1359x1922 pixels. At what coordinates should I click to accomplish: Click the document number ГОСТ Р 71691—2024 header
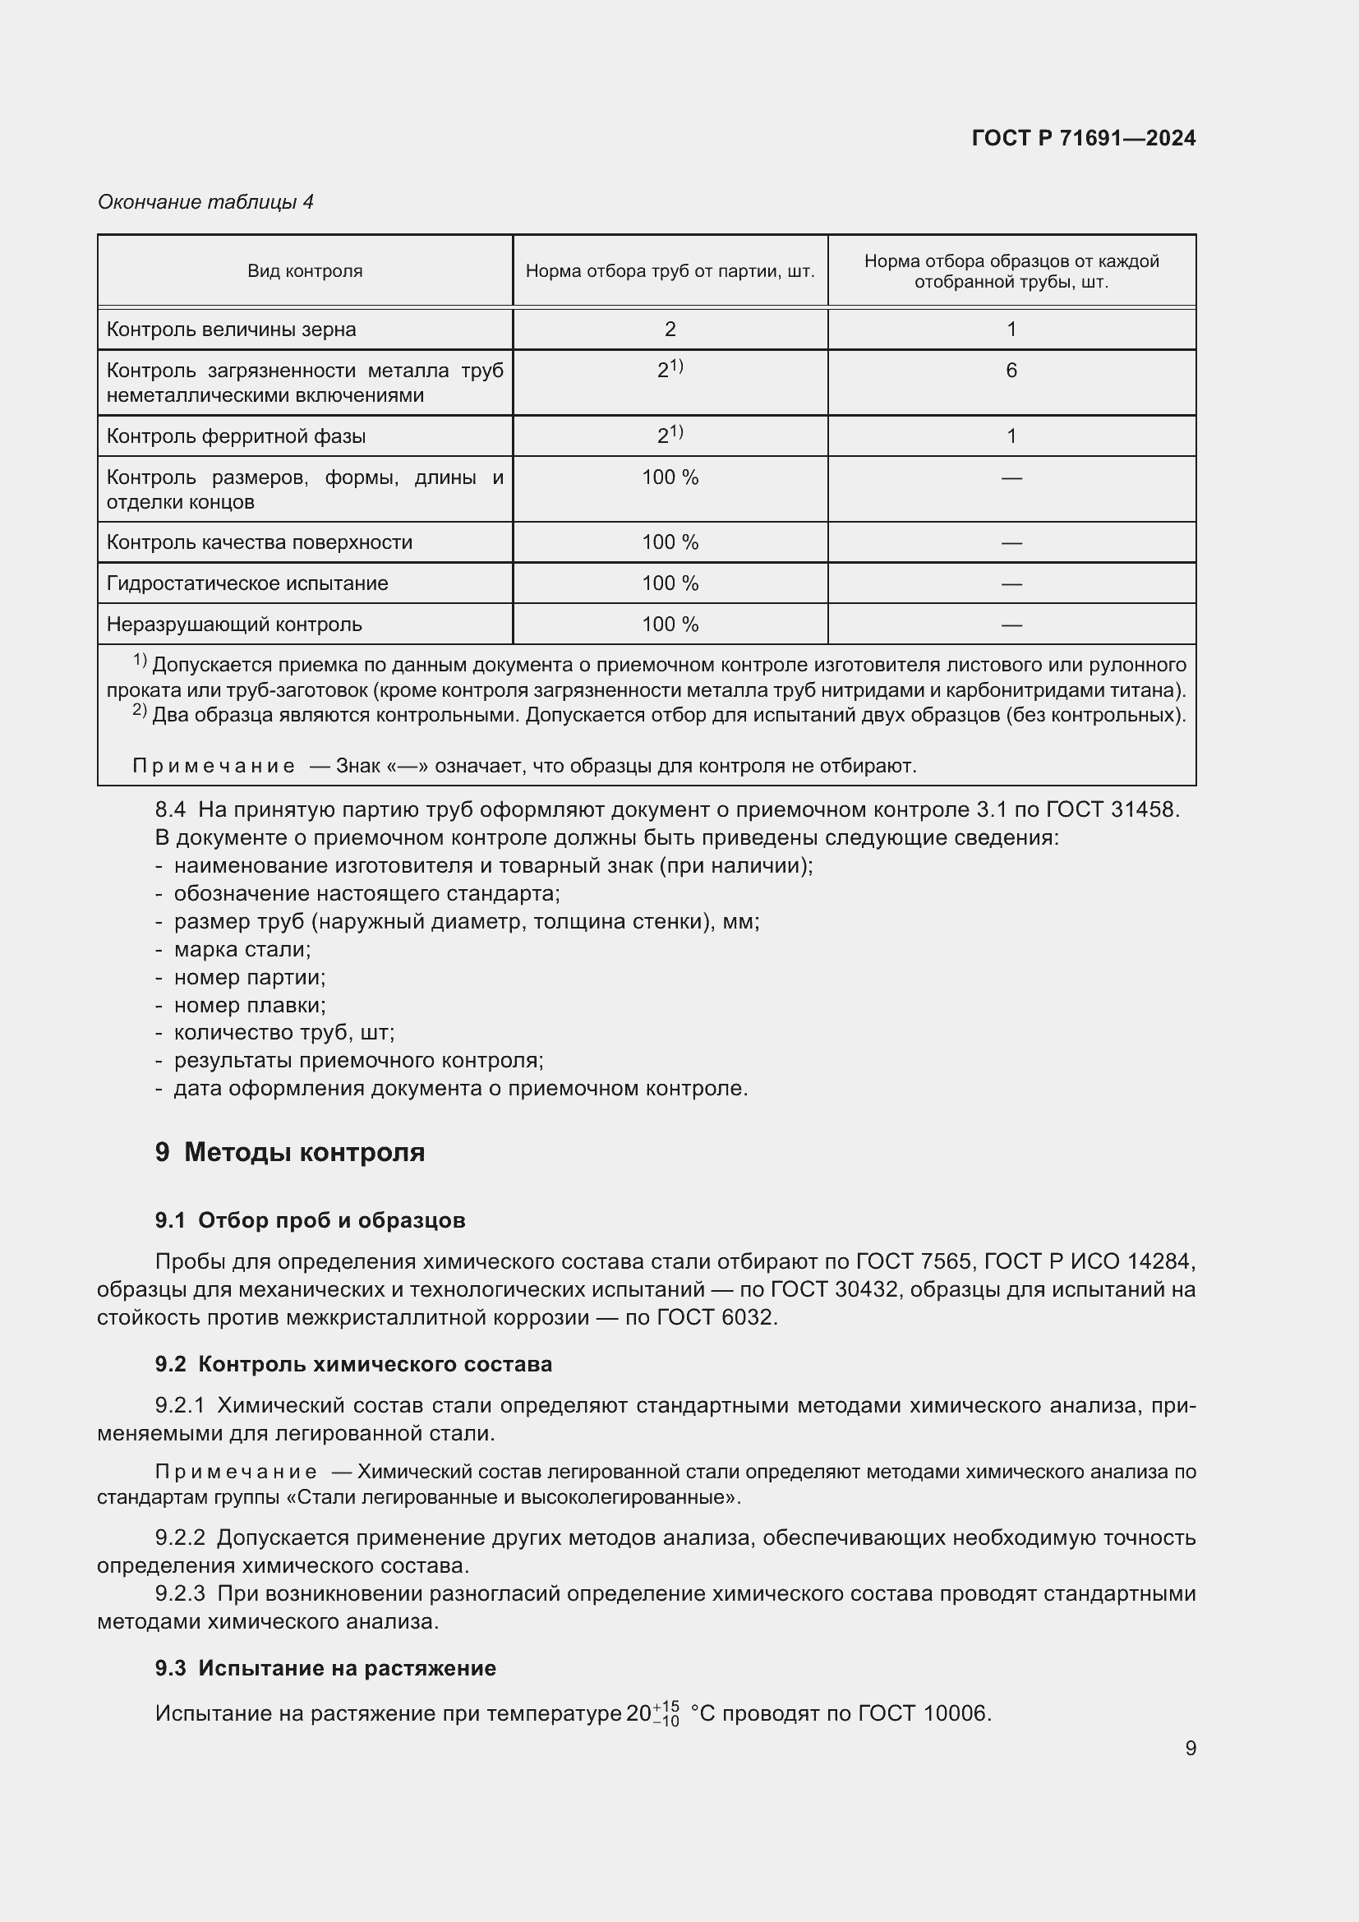click(x=1083, y=138)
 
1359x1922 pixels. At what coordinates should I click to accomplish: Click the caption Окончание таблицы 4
click(x=205, y=202)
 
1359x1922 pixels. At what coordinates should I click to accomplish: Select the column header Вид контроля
click(x=305, y=271)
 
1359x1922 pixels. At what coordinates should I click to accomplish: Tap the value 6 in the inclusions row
click(x=1011, y=371)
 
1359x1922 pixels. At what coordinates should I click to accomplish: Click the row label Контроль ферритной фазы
click(x=236, y=436)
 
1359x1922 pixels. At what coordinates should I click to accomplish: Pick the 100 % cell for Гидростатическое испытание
click(x=670, y=583)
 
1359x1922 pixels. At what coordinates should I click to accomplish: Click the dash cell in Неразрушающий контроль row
click(x=1011, y=625)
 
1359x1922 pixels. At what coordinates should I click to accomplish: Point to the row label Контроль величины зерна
click(x=231, y=330)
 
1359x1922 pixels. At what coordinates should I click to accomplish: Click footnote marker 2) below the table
click(x=139, y=712)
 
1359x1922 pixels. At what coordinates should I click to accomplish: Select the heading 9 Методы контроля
click(x=289, y=1153)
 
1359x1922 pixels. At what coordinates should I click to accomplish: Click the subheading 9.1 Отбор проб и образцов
click(x=310, y=1220)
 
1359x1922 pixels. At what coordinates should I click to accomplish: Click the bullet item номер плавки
click(x=250, y=1005)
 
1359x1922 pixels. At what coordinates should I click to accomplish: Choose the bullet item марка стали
click(x=242, y=949)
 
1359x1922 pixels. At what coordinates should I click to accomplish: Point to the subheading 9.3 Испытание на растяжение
click(x=325, y=1668)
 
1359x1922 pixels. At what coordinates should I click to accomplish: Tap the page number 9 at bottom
click(x=1190, y=1749)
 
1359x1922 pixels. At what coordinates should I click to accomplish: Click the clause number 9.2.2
click(x=179, y=1537)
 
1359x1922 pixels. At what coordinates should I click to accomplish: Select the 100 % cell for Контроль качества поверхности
click(x=670, y=542)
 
